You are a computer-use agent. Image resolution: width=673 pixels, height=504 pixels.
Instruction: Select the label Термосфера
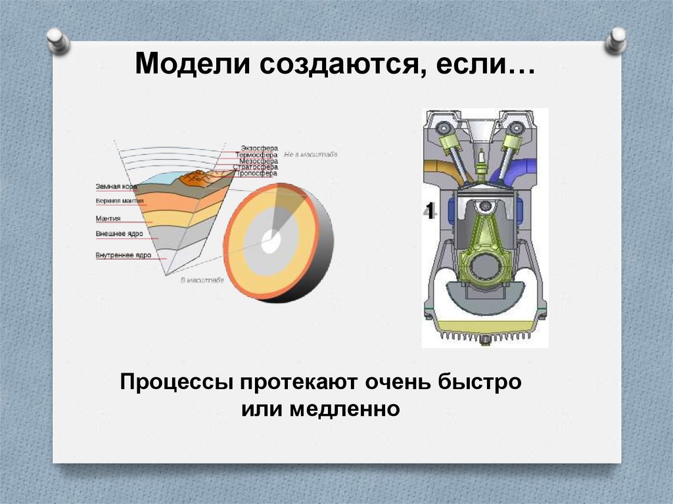tap(256, 154)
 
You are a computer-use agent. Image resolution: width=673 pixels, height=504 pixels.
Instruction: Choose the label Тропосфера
tap(256, 173)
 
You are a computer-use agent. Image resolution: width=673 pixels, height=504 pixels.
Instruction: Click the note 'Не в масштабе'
tap(310, 154)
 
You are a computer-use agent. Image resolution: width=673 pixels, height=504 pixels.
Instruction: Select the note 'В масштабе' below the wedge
tap(202, 281)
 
